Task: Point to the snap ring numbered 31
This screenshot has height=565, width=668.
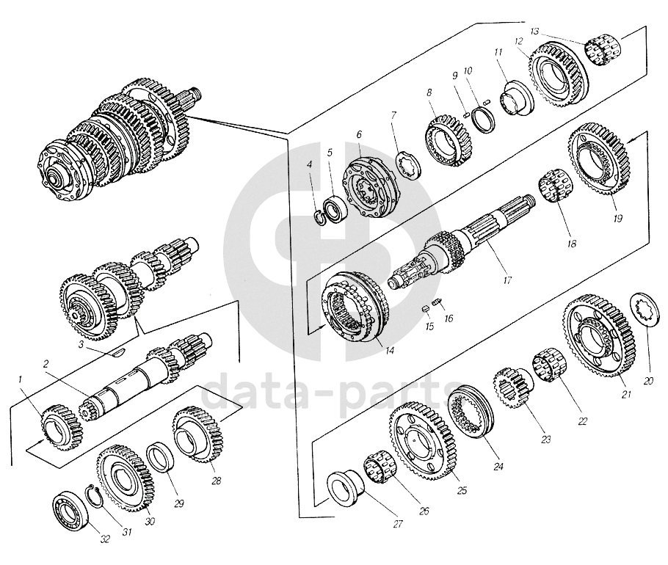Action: (92, 495)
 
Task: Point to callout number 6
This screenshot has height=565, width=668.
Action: (360, 135)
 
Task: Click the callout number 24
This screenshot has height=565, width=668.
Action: (479, 465)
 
